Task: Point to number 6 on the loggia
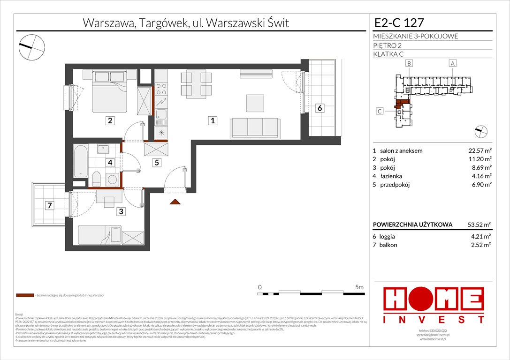(x=319, y=108)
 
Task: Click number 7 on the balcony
(x=48, y=205)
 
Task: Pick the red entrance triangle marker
(x=175, y=202)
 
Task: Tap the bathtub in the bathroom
(x=81, y=161)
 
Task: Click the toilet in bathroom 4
(x=96, y=179)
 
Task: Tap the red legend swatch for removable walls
(x=25, y=296)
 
